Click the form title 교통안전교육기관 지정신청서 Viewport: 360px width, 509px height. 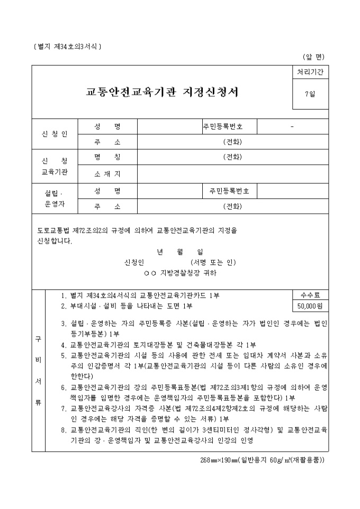point(162,92)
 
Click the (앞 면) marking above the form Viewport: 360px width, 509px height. point(313,57)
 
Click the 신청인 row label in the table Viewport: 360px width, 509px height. point(55,134)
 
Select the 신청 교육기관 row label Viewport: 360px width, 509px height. point(55,166)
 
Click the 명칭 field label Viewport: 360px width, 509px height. point(107,157)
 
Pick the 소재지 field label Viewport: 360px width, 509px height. point(107,174)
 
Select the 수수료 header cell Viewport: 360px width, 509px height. point(309,295)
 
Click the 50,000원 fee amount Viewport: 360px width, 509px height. point(309,306)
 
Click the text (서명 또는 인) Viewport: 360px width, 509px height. point(213,262)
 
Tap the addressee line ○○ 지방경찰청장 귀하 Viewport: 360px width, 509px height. point(180,273)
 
